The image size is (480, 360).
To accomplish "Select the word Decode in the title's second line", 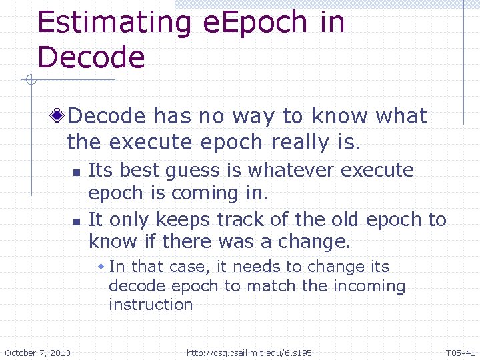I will pos(91,57).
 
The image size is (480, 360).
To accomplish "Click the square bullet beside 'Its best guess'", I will pos(76,172).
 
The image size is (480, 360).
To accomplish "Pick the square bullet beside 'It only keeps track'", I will pos(76,221).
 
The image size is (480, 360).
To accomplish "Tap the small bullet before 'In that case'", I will pos(101,267).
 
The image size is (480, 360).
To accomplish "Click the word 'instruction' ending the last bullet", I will pos(151,305).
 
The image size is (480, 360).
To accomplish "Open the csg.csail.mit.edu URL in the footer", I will pos(249,353).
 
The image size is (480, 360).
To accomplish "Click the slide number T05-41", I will pos(460,353).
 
